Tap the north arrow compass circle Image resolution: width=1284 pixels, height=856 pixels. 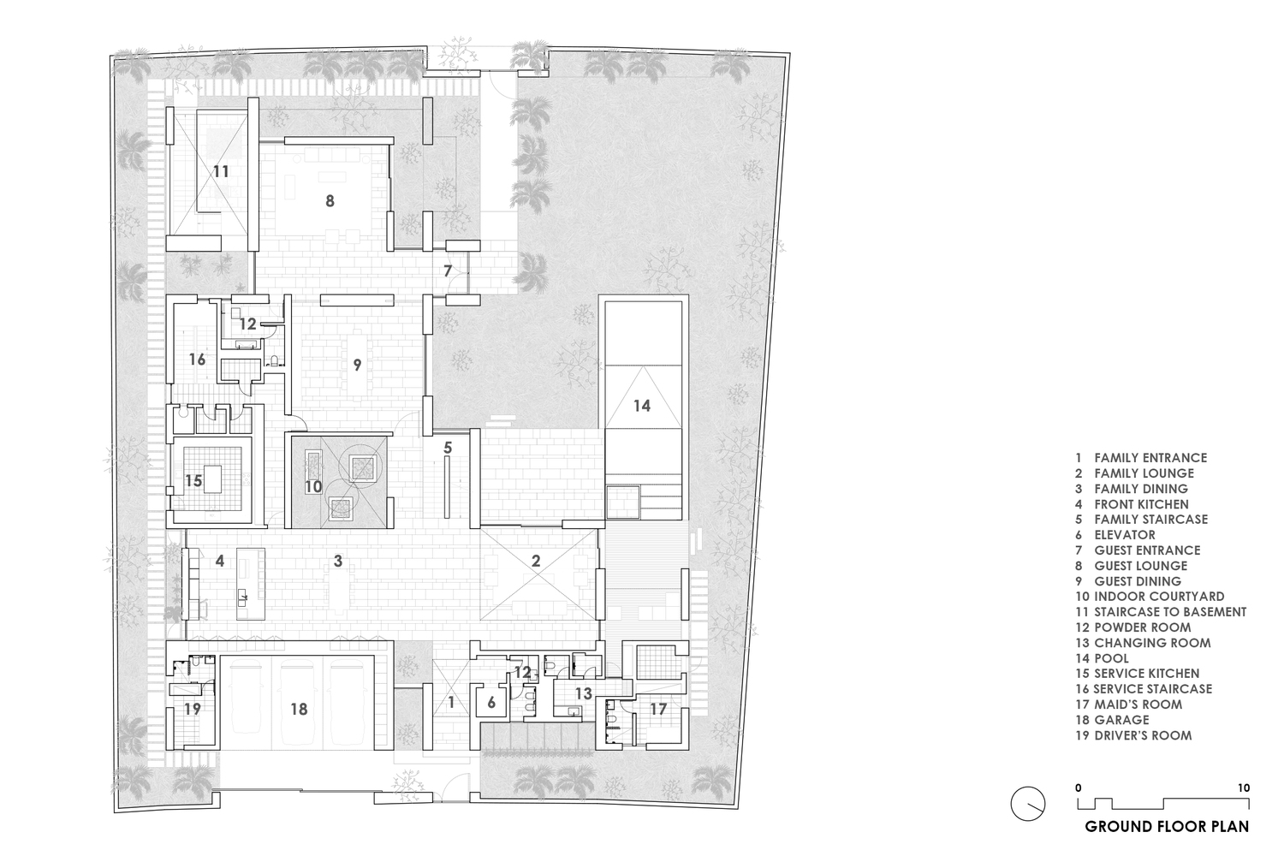click(1028, 803)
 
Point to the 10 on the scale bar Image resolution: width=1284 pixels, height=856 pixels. click(1243, 788)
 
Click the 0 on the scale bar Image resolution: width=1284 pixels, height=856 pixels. click(1079, 788)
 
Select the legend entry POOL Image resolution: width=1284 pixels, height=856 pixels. click(1102, 658)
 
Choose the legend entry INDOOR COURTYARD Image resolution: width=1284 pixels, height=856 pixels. click(1150, 597)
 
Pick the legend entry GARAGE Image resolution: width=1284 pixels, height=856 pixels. click(1112, 720)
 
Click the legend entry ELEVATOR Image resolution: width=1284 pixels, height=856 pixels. click(1115, 535)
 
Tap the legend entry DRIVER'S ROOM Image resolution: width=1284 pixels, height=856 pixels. click(1133, 735)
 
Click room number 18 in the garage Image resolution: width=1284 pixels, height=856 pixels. click(299, 710)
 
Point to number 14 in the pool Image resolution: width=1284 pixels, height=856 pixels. click(642, 406)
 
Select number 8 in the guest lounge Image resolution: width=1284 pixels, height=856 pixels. click(330, 200)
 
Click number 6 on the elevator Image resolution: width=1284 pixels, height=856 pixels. click(491, 703)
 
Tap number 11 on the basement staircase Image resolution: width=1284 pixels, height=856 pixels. click(221, 171)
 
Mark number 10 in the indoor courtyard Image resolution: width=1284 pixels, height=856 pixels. click(313, 487)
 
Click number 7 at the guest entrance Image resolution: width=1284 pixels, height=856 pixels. click(449, 270)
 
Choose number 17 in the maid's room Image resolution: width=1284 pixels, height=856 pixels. click(658, 710)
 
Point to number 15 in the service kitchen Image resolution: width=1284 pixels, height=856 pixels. click(193, 480)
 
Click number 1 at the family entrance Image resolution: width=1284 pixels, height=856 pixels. click(451, 702)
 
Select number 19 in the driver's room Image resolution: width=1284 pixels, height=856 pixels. click(192, 710)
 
